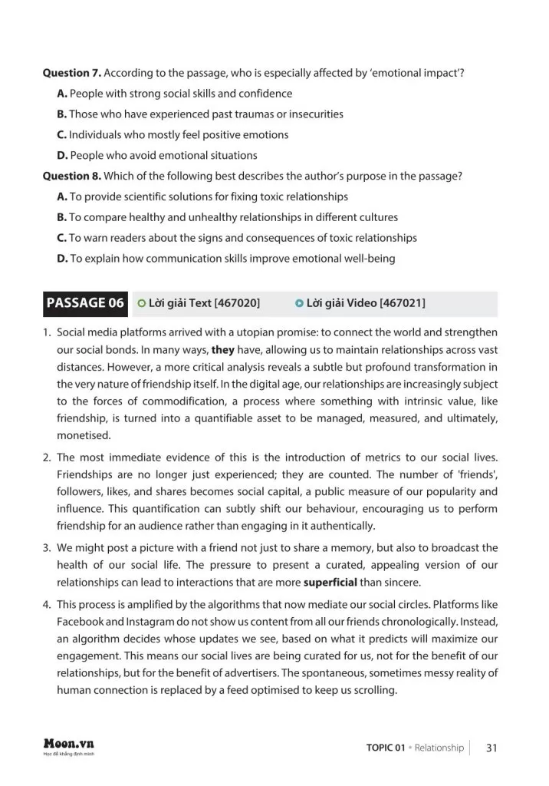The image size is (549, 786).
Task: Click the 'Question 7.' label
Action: pyautogui.click(x=71, y=73)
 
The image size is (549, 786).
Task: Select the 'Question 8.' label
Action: pyautogui.click(x=71, y=176)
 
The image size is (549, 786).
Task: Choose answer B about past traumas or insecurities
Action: pyautogui.click(x=200, y=114)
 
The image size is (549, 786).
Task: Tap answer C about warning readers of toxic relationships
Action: pyautogui.click(x=237, y=238)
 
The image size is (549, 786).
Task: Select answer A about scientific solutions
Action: pyautogui.click(x=202, y=196)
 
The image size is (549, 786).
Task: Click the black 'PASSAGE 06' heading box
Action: pyautogui.click(x=85, y=303)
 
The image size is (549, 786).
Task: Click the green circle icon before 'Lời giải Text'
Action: pyautogui.click(x=141, y=304)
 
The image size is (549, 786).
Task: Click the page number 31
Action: pyautogui.click(x=493, y=748)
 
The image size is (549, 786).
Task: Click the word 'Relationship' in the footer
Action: pyautogui.click(x=439, y=748)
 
